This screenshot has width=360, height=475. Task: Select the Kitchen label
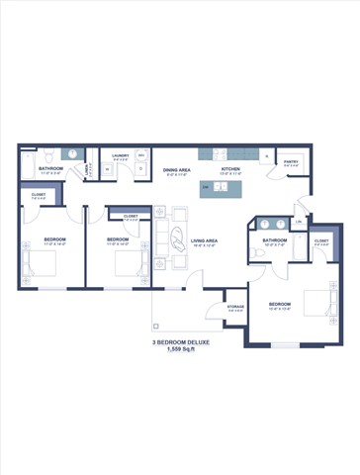(230, 169)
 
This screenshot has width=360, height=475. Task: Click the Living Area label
(205, 240)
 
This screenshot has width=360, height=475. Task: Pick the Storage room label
(235, 307)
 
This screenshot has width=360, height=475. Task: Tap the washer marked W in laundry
(107, 169)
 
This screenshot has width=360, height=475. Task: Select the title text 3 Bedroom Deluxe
(181, 341)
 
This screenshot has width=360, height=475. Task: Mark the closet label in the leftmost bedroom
(38, 196)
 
